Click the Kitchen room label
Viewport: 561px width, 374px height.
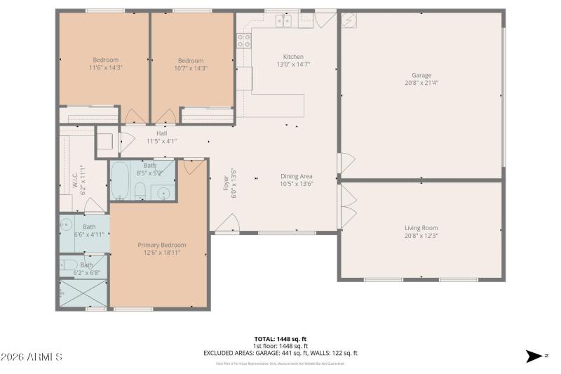click(x=293, y=57)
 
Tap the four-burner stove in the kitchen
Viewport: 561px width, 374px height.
click(x=243, y=41)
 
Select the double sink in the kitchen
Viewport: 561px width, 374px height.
click(x=283, y=20)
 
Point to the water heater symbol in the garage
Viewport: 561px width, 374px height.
click(x=349, y=20)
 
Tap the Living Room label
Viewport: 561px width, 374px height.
click(x=421, y=228)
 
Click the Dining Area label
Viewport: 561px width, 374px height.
click(x=296, y=176)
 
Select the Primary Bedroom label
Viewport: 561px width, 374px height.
click(x=159, y=245)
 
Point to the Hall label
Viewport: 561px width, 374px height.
click(x=161, y=133)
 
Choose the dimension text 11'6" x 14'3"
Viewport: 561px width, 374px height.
click(x=105, y=68)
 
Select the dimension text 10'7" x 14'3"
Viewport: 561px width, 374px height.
click(x=190, y=68)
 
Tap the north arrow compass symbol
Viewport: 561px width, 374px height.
click(x=535, y=356)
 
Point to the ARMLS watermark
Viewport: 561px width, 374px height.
click(x=32, y=357)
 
